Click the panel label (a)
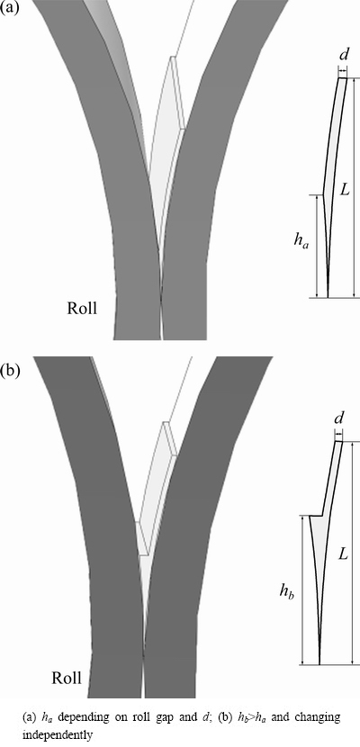click(10, 9)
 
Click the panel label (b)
click(10, 371)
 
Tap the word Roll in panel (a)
click(81, 308)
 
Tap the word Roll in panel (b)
click(67, 678)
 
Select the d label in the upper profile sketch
click(343, 56)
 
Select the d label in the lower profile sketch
click(338, 419)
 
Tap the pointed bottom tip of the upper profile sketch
click(328, 297)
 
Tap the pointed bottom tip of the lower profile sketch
click(319, 663)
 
